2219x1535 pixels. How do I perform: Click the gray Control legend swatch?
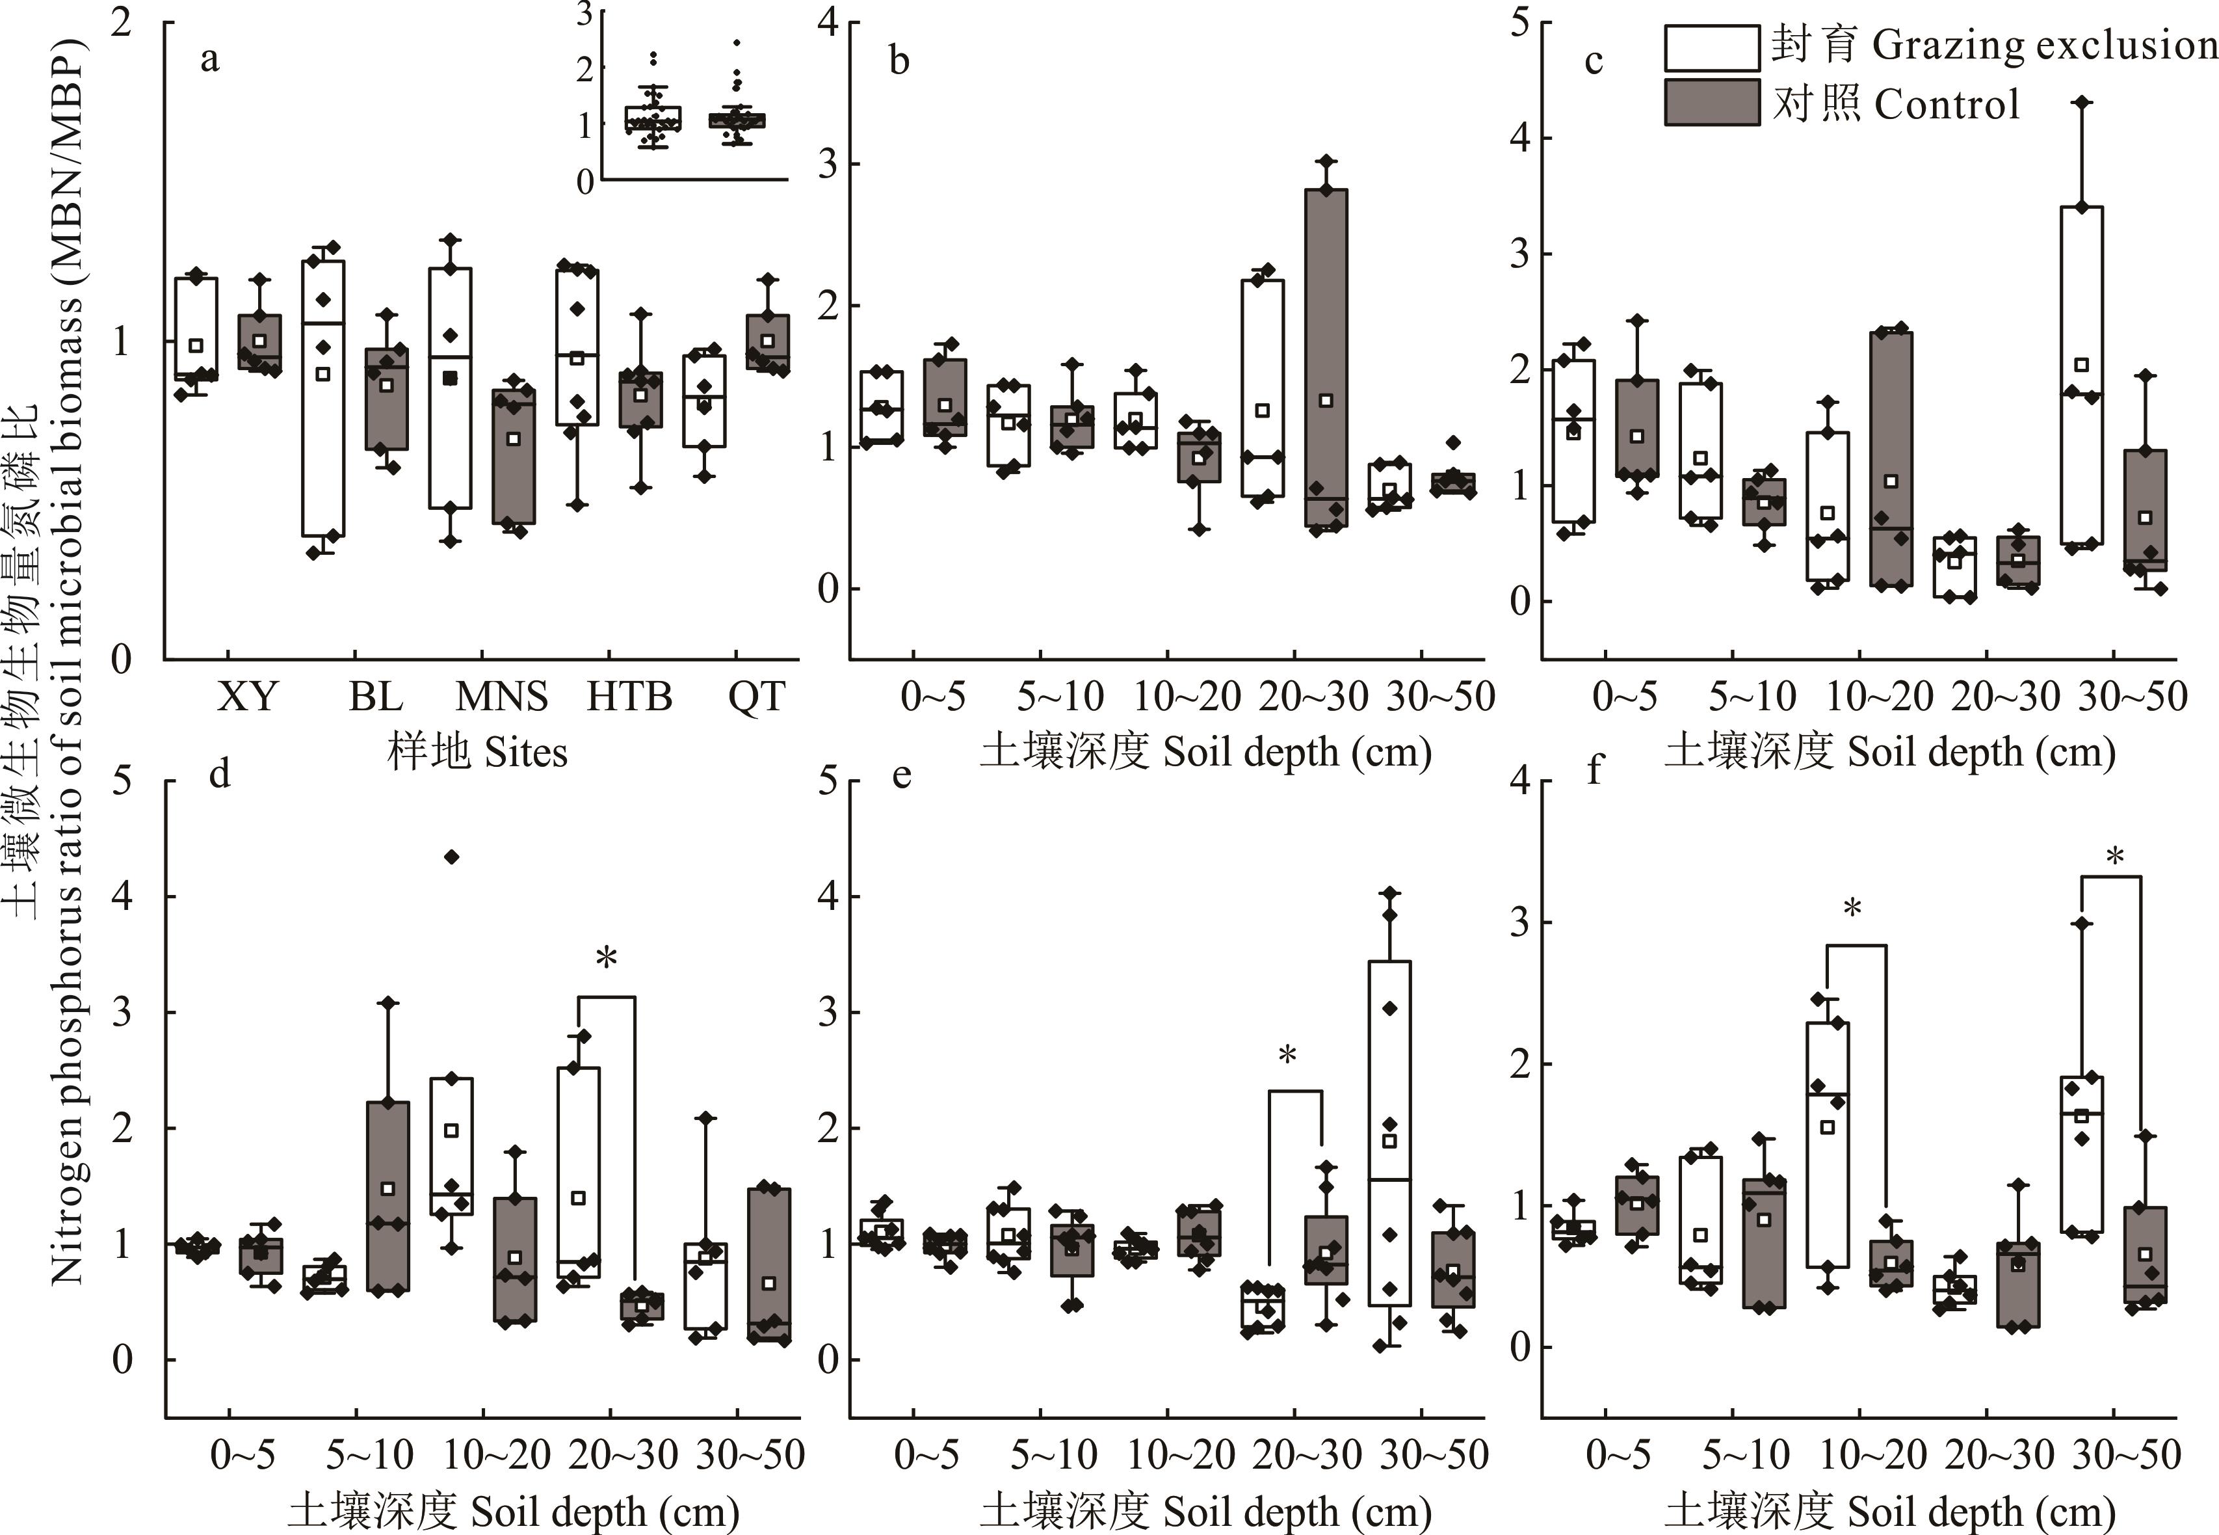click(1713, 103)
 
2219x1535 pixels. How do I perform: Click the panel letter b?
click(899, 60)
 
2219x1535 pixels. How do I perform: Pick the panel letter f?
click(1595, 770)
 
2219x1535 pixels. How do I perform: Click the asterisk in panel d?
click(606, 959)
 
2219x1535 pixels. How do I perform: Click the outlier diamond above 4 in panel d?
click(452, 857)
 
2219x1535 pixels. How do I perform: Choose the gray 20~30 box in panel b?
click(1326, 358)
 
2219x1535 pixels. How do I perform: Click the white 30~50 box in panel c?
click(2082, 375)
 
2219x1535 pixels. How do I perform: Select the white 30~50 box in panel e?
click(1389, 1133)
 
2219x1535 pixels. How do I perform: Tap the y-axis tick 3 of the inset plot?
click(584, 14)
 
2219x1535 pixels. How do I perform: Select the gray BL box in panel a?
click(386, 398)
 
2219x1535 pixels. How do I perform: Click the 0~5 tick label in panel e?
click(926, 1455)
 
